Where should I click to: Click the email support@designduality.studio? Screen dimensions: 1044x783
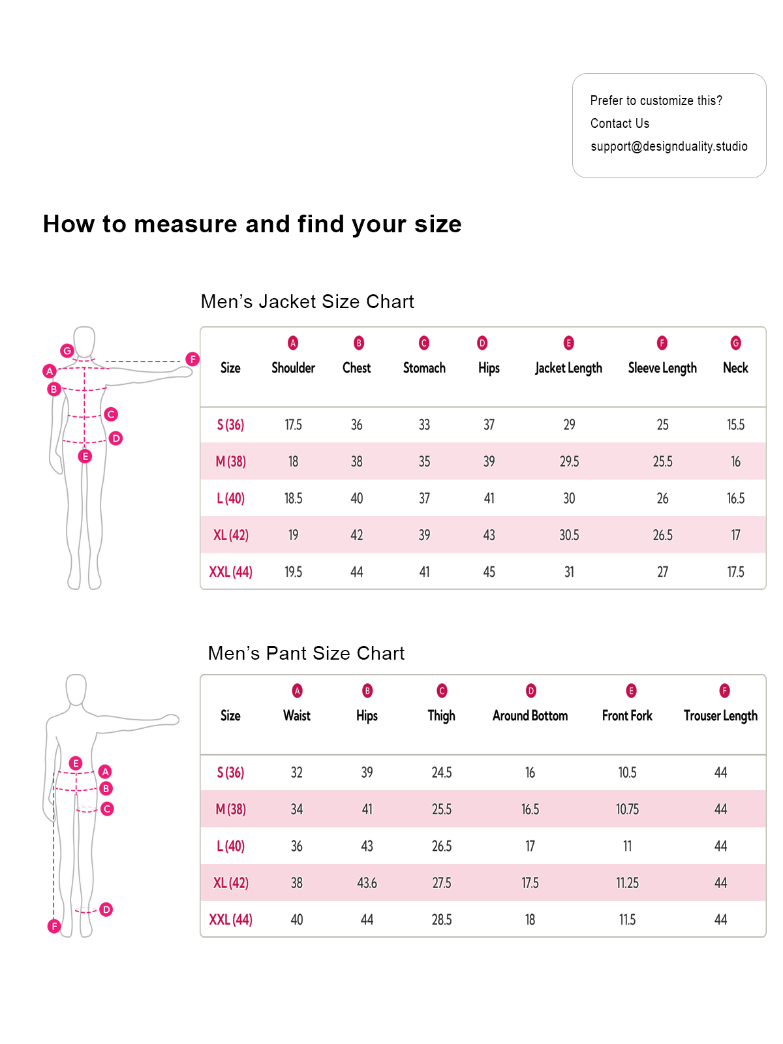[669, 146]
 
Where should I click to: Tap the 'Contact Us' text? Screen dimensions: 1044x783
[619, 123]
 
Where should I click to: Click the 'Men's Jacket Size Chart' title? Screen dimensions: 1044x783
[307, 301]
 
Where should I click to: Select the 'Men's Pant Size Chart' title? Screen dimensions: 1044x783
[306, 653]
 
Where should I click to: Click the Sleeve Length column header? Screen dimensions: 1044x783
[662, 368]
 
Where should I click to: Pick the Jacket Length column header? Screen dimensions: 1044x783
[568, 368]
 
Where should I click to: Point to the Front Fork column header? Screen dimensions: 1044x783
[627, 716]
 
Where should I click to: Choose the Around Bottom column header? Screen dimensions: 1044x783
[530, 716]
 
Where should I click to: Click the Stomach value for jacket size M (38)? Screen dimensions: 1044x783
[424, 461]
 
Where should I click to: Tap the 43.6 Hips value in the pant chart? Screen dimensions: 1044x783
[367, 883]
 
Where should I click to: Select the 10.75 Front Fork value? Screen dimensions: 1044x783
[627, 809]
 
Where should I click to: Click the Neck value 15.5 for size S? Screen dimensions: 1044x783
[735, 425]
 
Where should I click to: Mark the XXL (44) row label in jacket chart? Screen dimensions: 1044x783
[230, 572]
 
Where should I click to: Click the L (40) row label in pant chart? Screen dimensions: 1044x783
[230, 846]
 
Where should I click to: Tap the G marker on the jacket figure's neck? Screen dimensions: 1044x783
[67, 350]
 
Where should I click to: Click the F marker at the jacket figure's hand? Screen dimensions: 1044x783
[192, 359]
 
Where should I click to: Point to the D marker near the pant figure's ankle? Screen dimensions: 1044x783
[106, 909]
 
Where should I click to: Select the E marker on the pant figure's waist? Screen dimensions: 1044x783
[76, 763]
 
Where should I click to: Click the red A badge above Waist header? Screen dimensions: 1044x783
[297, 690]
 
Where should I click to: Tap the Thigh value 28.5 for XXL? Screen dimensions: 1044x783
[441, 919]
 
